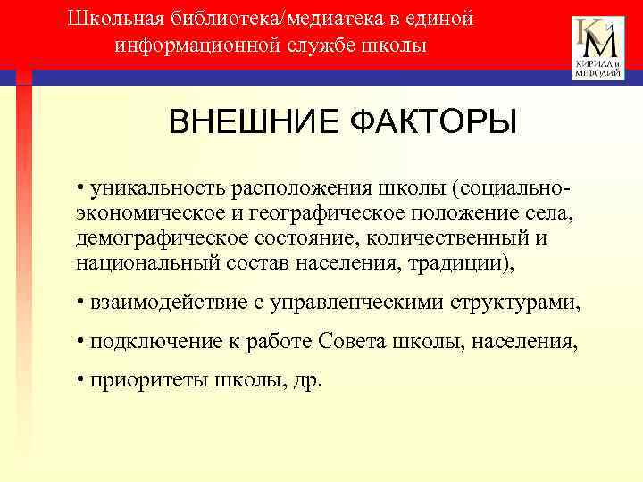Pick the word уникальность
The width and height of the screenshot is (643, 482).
click(154, 190)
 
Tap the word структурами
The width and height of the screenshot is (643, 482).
click(518, 303)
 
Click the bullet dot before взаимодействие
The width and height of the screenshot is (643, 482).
click(80, 303)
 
